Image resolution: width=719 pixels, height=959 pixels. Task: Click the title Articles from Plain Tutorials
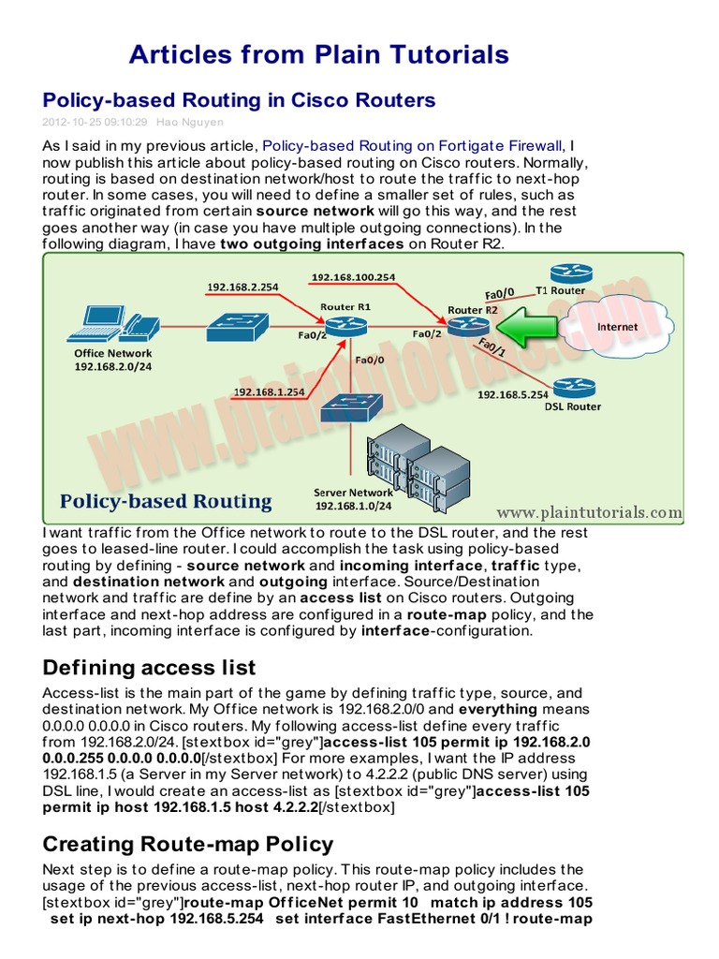click(318, 53)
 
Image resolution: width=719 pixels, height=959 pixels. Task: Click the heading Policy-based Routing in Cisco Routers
click(239, 99)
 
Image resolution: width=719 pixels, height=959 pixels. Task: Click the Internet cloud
click(618, 328)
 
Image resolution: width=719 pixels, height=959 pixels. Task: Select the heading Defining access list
click(149, 667)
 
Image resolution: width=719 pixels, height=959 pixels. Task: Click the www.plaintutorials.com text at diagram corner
click(588, 512)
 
